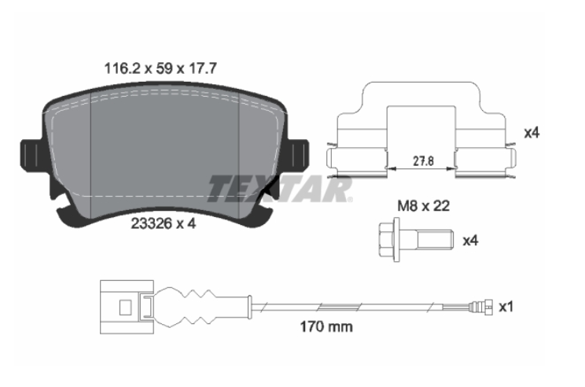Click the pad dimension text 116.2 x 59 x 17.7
(x=160, y=68)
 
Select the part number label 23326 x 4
(x=164, y=223)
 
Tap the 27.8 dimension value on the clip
(x=423, y=161)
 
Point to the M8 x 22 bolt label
(x=424, y=206)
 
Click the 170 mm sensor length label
(x=326, y=327)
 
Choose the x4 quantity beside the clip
(x=532, y=133)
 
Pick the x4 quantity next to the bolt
(x=470, y=241)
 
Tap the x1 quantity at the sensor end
(x=506, y=307)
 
